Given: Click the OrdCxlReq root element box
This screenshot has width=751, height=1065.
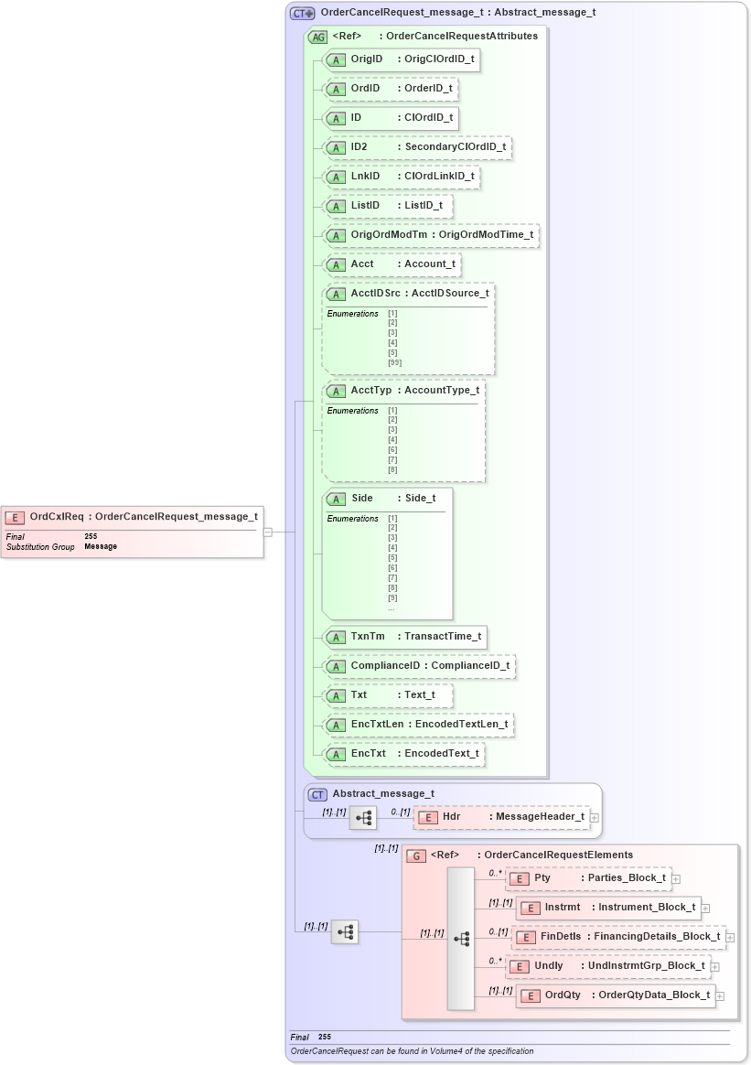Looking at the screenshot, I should (x=132, y=517).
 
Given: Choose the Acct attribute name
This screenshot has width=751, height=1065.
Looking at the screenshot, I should (x=362, y=264).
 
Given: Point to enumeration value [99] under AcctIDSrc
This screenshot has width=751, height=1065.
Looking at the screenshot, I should (x=394, y=362).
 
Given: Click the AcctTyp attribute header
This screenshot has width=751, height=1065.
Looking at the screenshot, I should (x=403, y=391).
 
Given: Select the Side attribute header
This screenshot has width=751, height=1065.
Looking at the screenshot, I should (x=383, y=499).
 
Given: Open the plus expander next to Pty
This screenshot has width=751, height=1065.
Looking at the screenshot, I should (x=676, y=879).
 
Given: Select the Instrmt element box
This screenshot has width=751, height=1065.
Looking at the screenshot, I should (x=608, y=908).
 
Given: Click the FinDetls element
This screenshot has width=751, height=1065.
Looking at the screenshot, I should (x=618, y=937).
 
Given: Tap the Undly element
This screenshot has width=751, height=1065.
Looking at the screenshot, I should (x=607, y=966).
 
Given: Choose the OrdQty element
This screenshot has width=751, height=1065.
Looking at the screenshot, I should (x=616, y=995).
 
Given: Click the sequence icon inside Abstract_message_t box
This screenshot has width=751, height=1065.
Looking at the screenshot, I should (x=362, y=817).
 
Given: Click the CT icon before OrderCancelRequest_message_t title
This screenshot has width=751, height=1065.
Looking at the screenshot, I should (x=302, y=14).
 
